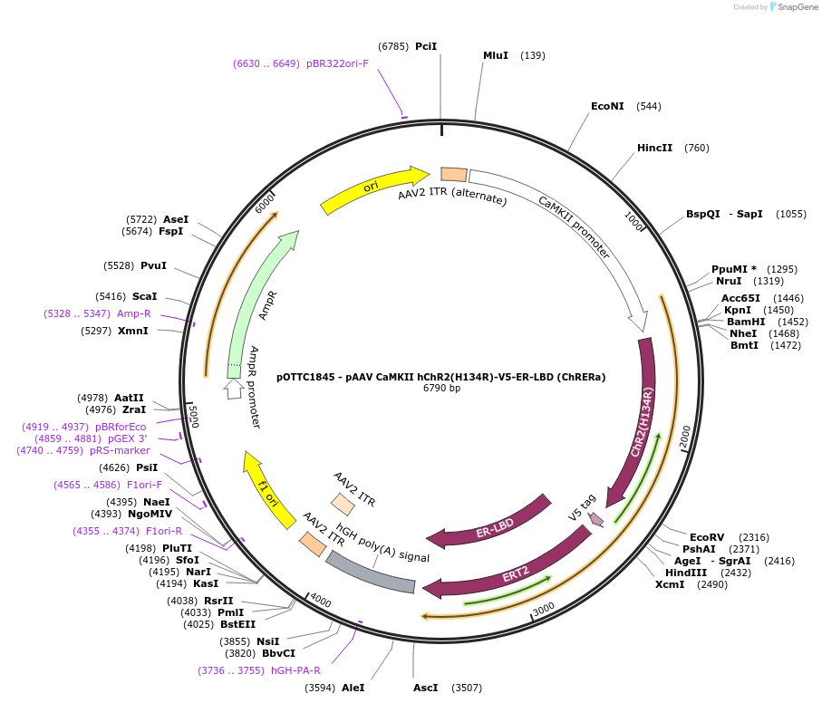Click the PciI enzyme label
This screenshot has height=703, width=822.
click(x=426, y=45)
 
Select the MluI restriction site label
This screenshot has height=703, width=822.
click(x=496, y=55)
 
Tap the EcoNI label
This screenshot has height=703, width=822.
click(x=607, y=106)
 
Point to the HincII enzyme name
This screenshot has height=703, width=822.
click(x=654, y=148)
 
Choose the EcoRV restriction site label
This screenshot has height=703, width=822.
click(x=707, y=537)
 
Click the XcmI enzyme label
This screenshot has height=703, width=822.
click(x=672, y=584)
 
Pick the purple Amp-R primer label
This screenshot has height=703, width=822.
click(x=133, y=313)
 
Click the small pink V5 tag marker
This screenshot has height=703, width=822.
click(x=595, y=519)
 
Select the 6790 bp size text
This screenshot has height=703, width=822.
click(x=441, y=388)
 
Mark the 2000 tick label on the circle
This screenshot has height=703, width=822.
click(x=684, y=436)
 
